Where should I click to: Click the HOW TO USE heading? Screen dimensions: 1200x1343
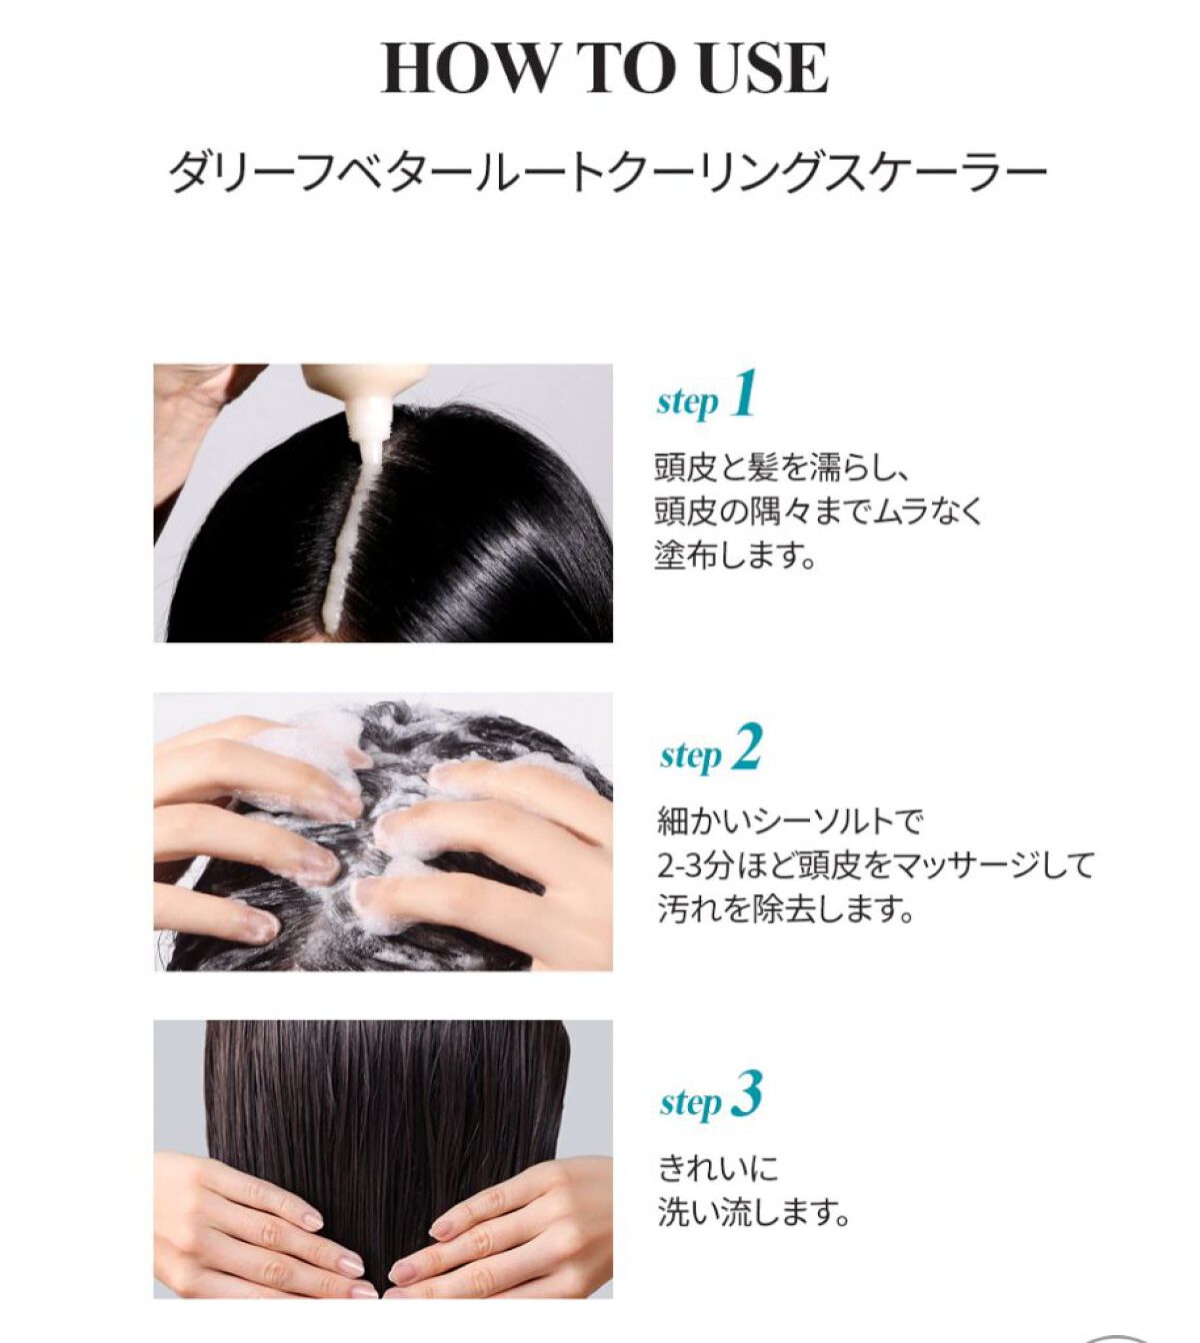point(604,68)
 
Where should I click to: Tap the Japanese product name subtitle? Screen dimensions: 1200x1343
point(607,174)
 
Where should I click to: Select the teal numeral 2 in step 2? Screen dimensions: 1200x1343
point(746,746)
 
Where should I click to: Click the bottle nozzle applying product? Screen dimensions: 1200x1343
point(367,425)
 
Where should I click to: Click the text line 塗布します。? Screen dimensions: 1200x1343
point(734,555)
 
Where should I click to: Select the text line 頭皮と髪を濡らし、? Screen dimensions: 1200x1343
point(780,468)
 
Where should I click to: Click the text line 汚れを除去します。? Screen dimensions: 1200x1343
point(786,908)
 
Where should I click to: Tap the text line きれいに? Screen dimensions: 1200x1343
point(718,1169)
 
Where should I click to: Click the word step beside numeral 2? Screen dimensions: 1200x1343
point(690,756)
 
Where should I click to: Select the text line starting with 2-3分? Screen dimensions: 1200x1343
point(875,865)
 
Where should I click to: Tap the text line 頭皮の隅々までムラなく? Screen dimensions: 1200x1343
point(819,511)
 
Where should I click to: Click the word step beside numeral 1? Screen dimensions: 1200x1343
point(688,403)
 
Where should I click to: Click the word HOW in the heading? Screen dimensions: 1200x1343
point(466,68)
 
